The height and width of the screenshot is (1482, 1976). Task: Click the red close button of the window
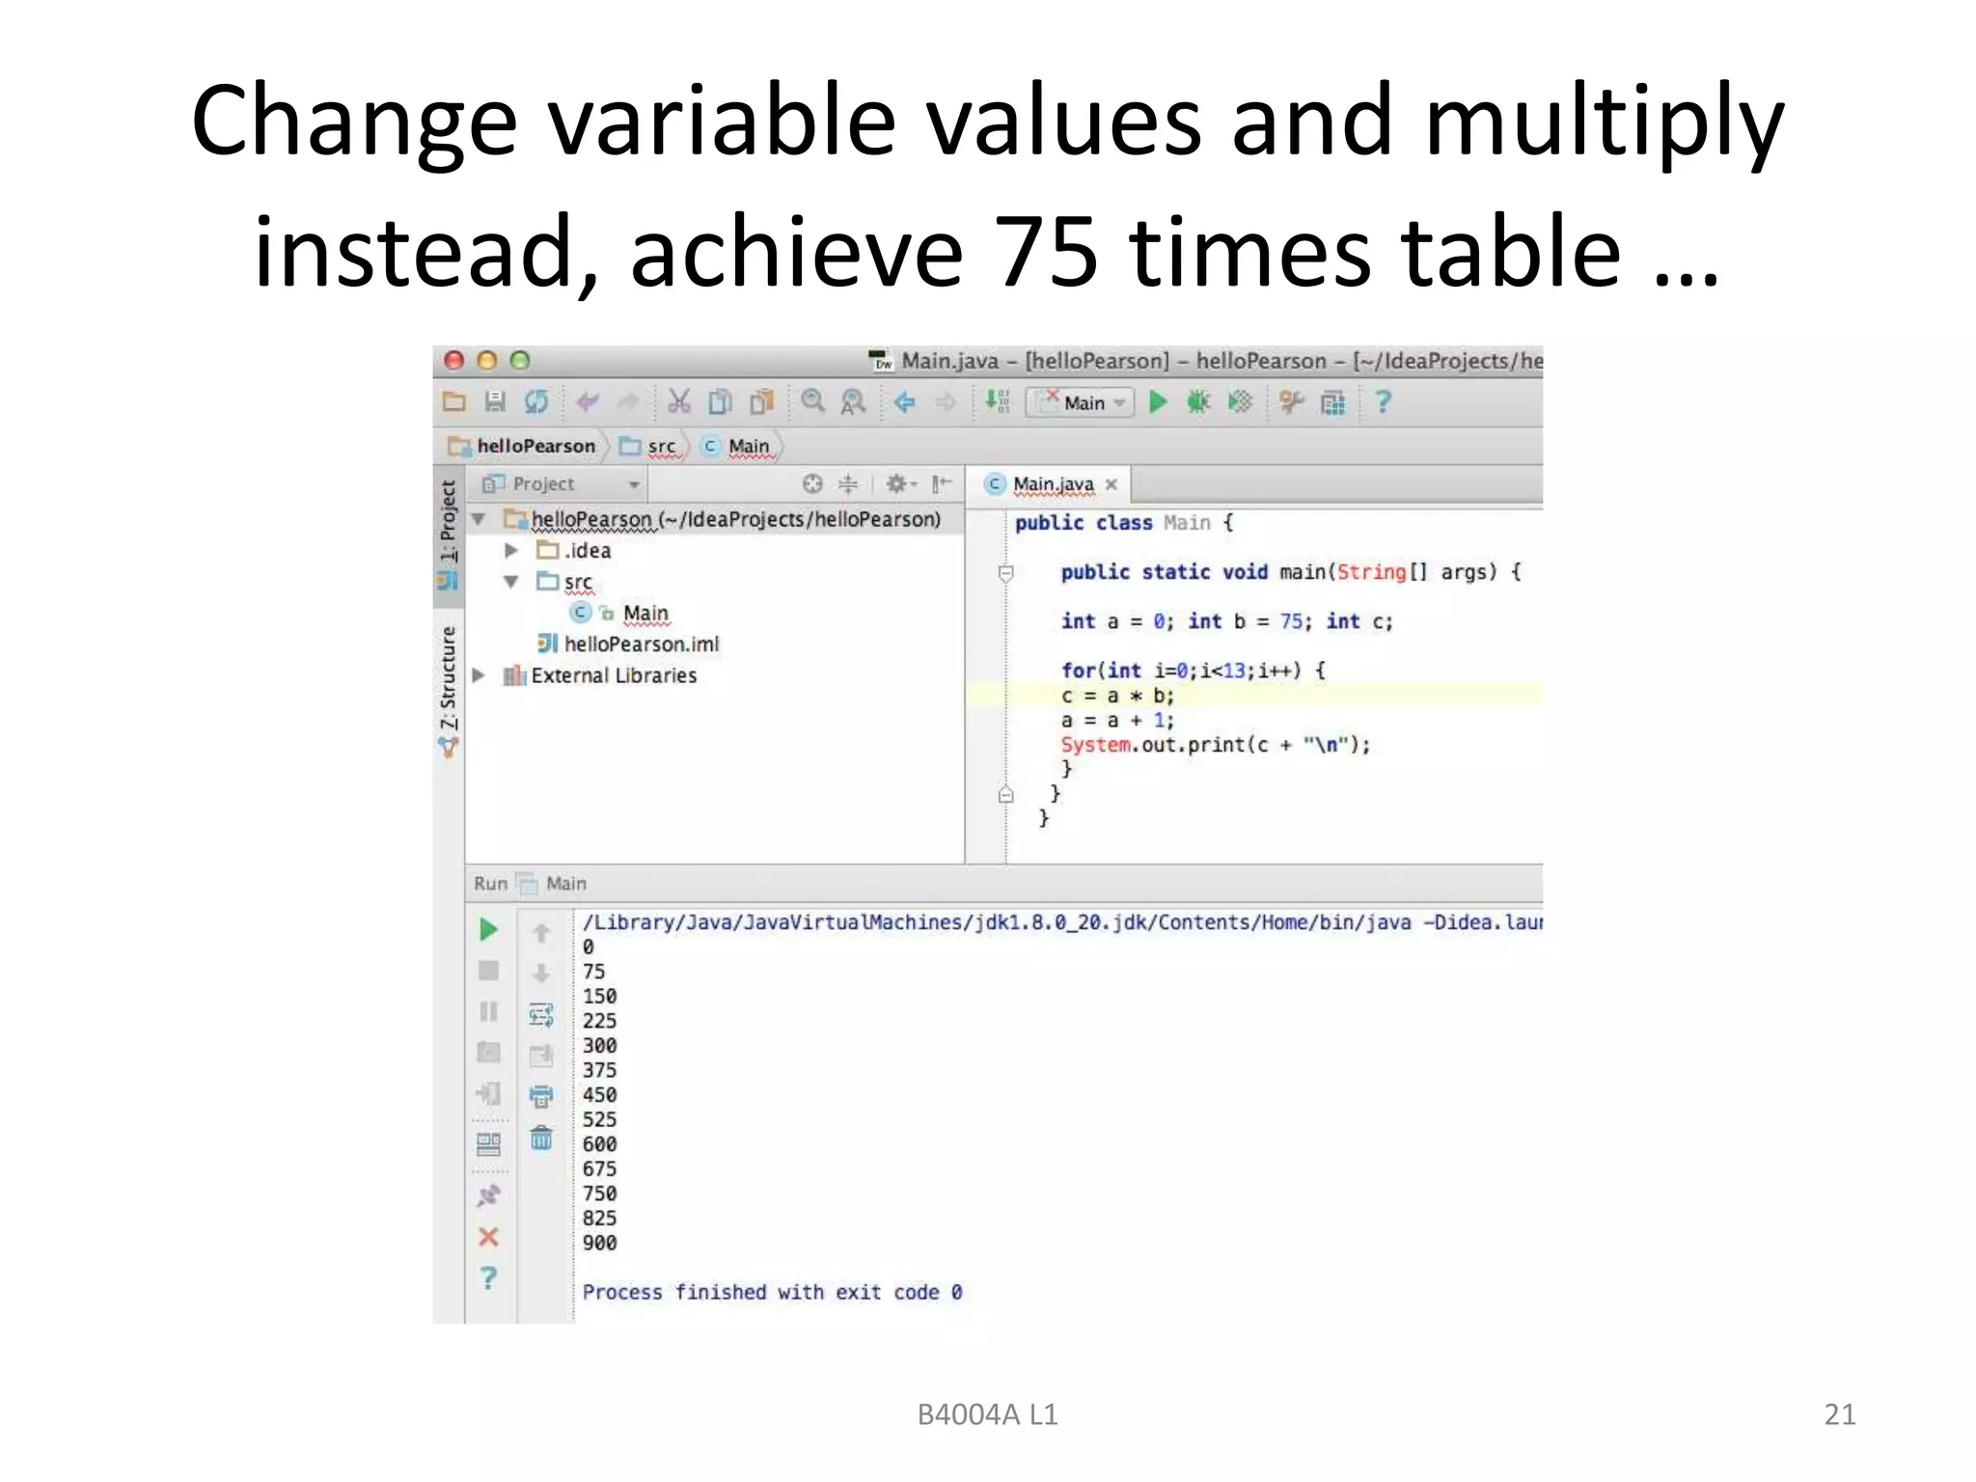453,361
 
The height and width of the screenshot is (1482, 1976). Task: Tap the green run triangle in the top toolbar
1158,401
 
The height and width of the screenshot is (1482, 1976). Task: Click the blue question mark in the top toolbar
1383,401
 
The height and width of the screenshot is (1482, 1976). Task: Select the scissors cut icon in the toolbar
679,401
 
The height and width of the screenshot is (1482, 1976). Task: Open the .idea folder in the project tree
587,551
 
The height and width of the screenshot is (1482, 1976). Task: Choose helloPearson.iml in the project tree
641,644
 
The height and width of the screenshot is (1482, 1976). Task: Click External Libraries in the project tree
613,675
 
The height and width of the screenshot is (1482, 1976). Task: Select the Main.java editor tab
1053,483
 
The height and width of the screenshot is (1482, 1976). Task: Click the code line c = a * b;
1117,696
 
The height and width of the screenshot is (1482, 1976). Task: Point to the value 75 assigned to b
1292,621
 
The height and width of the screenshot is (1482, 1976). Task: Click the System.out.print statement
1215,745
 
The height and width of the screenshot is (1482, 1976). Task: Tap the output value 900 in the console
599,1243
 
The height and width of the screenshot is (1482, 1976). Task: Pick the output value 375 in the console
599,1070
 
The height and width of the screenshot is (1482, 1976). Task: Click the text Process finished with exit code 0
772,1292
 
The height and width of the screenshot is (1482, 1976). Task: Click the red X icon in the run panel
488,1237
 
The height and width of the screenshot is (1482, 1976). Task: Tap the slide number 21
1839,1414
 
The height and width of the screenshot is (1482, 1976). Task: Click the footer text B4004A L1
987,1414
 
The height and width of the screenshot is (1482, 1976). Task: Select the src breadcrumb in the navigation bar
661,446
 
